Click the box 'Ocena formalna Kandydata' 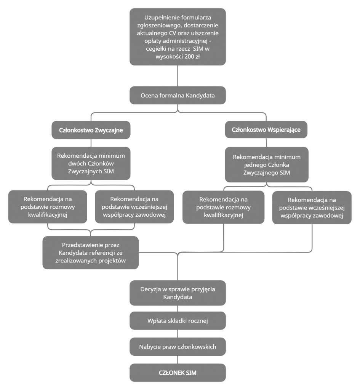[x=178, y=95]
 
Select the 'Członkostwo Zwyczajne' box [x=91, y=130]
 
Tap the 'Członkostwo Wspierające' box [x=266, y=129]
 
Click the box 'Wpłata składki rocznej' [x=178, y=321]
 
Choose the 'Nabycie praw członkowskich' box [x=178, y=347]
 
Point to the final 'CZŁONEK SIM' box [x=178, y=372]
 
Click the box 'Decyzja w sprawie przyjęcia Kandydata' [x=178, y=293]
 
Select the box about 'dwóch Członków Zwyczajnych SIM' [x=91, y=163]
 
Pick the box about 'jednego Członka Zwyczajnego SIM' [x=266, y=165]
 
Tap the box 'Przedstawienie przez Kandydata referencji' [x=90, y=253]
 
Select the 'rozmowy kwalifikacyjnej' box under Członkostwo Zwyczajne [x=48, y=207]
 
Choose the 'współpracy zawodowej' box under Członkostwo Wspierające [x=312, y=208]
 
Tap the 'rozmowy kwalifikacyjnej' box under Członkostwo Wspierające [x=223, y=207]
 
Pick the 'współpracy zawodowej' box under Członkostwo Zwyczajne [x=134, y=207]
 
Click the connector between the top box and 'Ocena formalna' [x=178, y=76]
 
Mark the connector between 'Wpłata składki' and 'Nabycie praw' [x=178, y=334]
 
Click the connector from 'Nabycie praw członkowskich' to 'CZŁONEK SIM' [x=178, y=360]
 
